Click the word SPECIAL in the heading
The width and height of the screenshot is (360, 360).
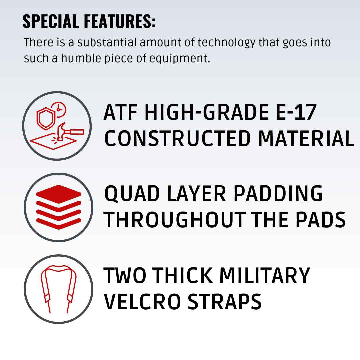tap(51, 21)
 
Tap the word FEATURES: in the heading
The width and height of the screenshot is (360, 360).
tap(120, 21)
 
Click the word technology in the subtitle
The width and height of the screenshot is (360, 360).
tap(226, 43)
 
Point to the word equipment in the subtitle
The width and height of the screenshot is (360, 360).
tap(180, 59)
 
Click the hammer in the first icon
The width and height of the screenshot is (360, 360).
tap(69, 131)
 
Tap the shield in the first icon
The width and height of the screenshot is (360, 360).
tap(46, 118)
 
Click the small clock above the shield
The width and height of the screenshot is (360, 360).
tap(59, 110)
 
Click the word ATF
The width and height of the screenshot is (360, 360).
tap(120, 112)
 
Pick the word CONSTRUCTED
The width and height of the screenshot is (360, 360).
tap(177, 138)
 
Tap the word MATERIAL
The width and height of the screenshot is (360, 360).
tap(307, 138)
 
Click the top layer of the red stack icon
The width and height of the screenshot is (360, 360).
tap(59, 194)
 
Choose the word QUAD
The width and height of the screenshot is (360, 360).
tap(132, 194)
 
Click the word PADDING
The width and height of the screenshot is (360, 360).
tap(278, 193)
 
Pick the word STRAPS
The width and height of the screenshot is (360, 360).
tap(225, 301)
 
